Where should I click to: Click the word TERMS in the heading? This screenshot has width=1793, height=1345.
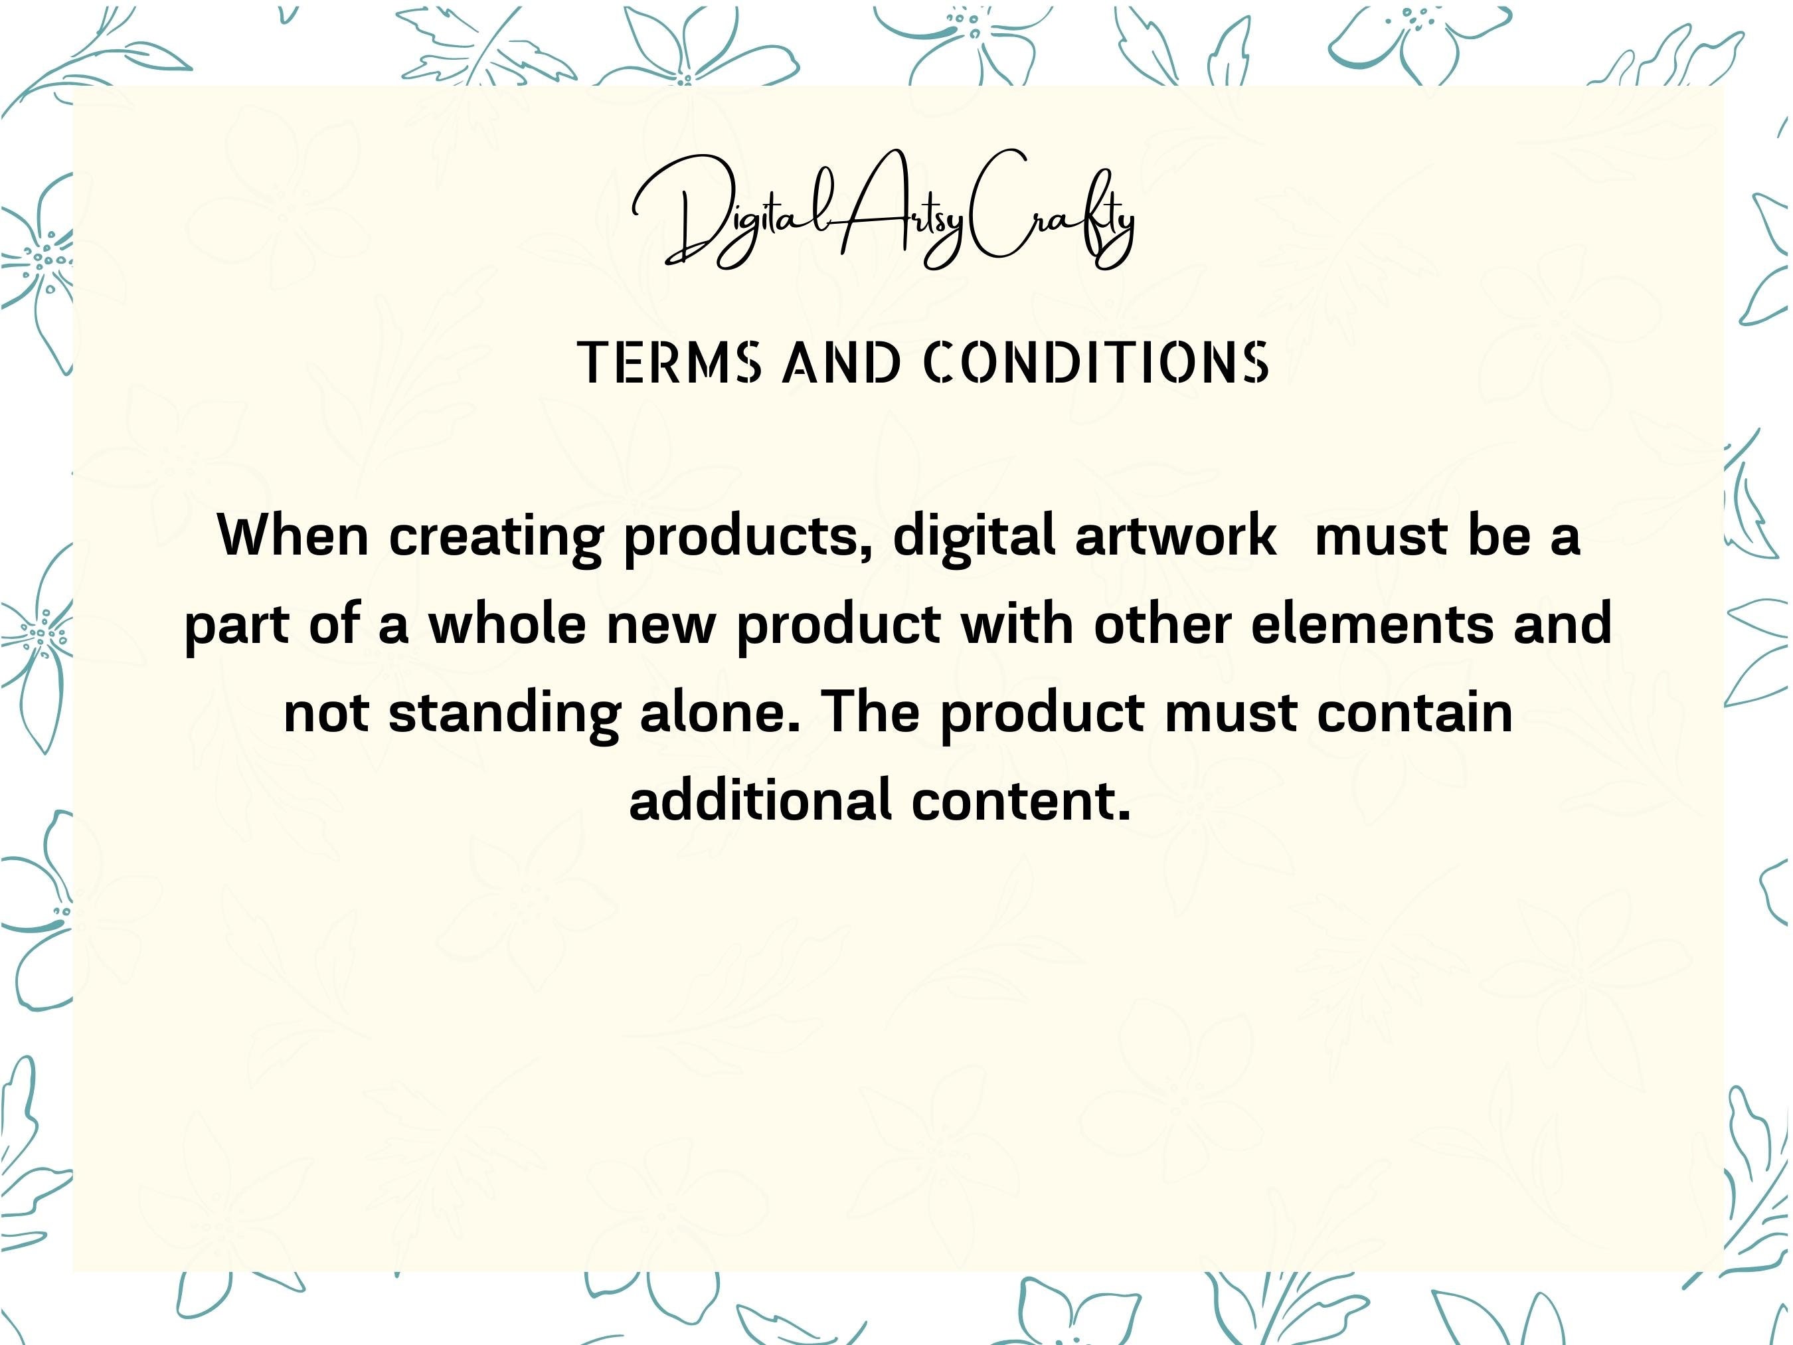point(669,363)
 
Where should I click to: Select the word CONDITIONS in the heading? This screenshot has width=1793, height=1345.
point(1096,363)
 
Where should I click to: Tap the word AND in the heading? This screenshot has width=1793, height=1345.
point(842,363)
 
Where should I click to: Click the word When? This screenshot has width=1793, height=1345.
point(294,536)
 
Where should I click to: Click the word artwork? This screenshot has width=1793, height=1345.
point(1175,537)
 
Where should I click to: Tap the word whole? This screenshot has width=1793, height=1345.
point(507,624)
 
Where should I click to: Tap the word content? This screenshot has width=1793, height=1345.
point(1021,801)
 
